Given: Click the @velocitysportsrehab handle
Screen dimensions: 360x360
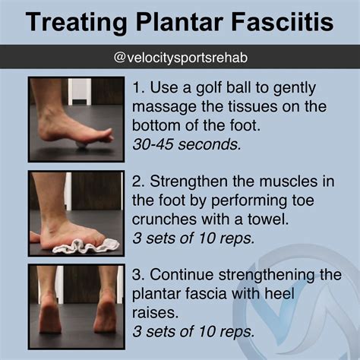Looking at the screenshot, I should [180, 58].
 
